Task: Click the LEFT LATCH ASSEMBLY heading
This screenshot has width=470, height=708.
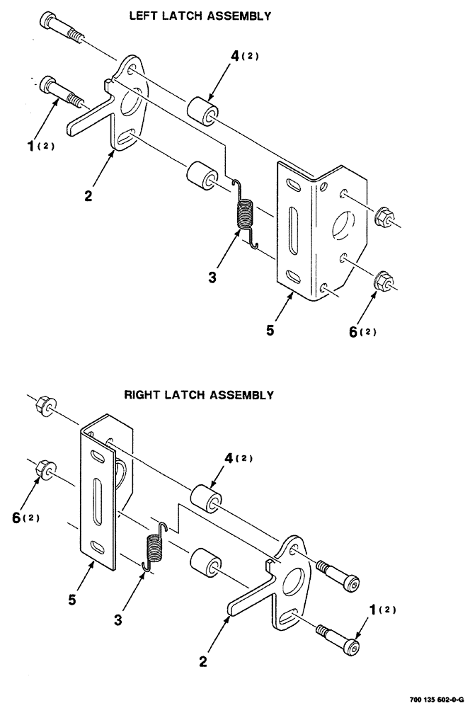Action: [x=200, y=16]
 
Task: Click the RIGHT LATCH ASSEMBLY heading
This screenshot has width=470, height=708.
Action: [x=199, y=395]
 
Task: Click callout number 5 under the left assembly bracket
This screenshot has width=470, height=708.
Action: [x=270, y=329]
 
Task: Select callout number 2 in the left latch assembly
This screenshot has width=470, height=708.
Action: [x=88, y=196]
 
